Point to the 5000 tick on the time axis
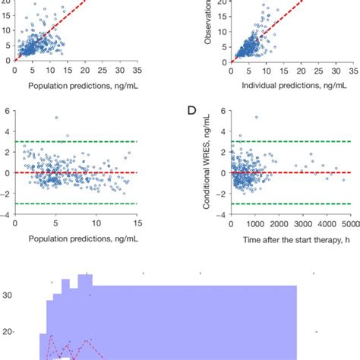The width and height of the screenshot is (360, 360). [350, 225]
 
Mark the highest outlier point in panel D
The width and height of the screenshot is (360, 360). [256, 117]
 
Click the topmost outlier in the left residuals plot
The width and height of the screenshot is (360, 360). [56, 118]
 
